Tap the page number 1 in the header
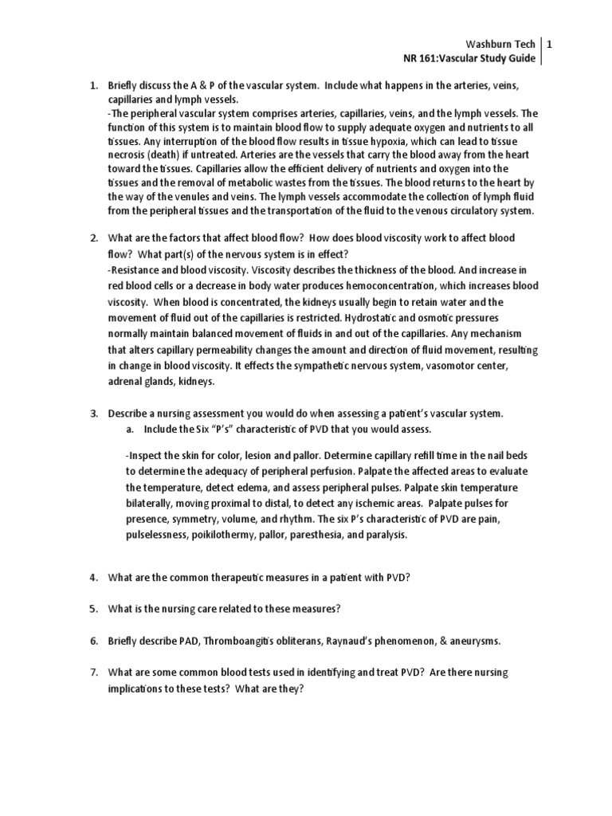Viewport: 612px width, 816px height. [x=549, y=45]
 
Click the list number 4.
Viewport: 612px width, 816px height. [x=92, y=580]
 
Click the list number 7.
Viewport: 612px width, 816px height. [x=92, y=673]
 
